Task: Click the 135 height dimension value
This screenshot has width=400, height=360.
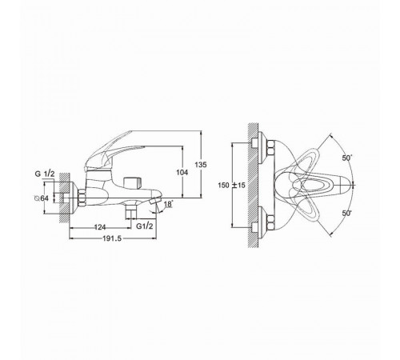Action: (201, 165)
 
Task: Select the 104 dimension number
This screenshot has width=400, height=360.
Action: (182, 173)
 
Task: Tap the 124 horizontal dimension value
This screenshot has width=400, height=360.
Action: (100, 227)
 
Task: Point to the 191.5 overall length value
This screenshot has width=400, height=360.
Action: (112, 238)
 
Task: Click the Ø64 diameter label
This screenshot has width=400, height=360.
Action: (42, 198)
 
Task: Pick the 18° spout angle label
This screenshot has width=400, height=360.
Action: (169, 204)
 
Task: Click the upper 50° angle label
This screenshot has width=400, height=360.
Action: (347, 158)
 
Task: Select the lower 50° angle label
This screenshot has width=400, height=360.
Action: (347, 213)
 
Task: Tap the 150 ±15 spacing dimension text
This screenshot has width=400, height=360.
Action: (231, 185)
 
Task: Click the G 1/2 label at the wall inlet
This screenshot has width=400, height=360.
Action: (45, 174)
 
